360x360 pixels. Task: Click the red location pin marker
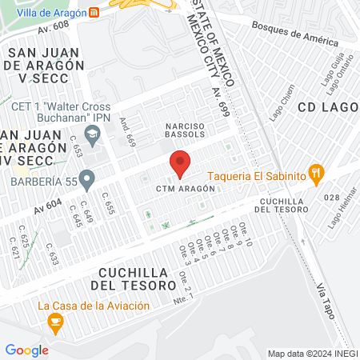180,162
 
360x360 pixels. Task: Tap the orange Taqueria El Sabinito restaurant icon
318,172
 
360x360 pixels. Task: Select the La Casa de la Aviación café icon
55,322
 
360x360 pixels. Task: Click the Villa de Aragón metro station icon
95,13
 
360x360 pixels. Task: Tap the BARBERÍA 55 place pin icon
86,178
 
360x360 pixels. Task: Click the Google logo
26,350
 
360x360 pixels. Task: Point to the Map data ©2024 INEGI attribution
312,353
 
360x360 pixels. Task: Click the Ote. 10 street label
248,237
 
